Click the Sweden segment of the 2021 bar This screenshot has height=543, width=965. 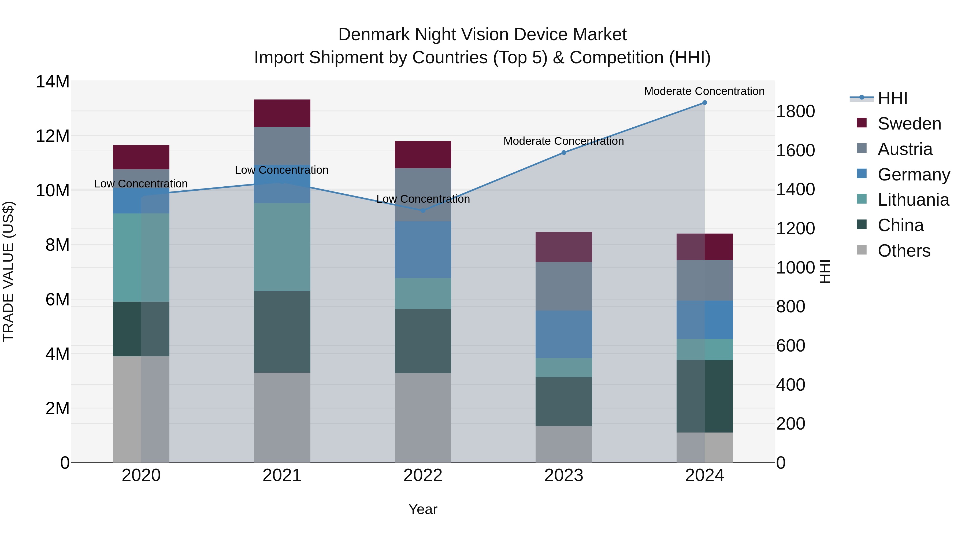point(282,113)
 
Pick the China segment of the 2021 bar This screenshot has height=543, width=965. point(282,332)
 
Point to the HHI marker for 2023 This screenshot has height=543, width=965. point(563,153)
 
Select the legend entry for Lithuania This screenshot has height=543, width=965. point(913,200)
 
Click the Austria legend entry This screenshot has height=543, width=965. point(904,149)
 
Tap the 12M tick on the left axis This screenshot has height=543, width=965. point(53,136)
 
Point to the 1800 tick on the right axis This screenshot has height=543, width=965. point(795,111)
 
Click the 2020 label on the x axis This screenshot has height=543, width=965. point(141,475)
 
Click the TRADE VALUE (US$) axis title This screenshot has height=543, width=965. point(8,271)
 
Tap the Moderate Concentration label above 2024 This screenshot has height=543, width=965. point(704,91)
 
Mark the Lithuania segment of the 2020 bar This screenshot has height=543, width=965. point(141,257)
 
